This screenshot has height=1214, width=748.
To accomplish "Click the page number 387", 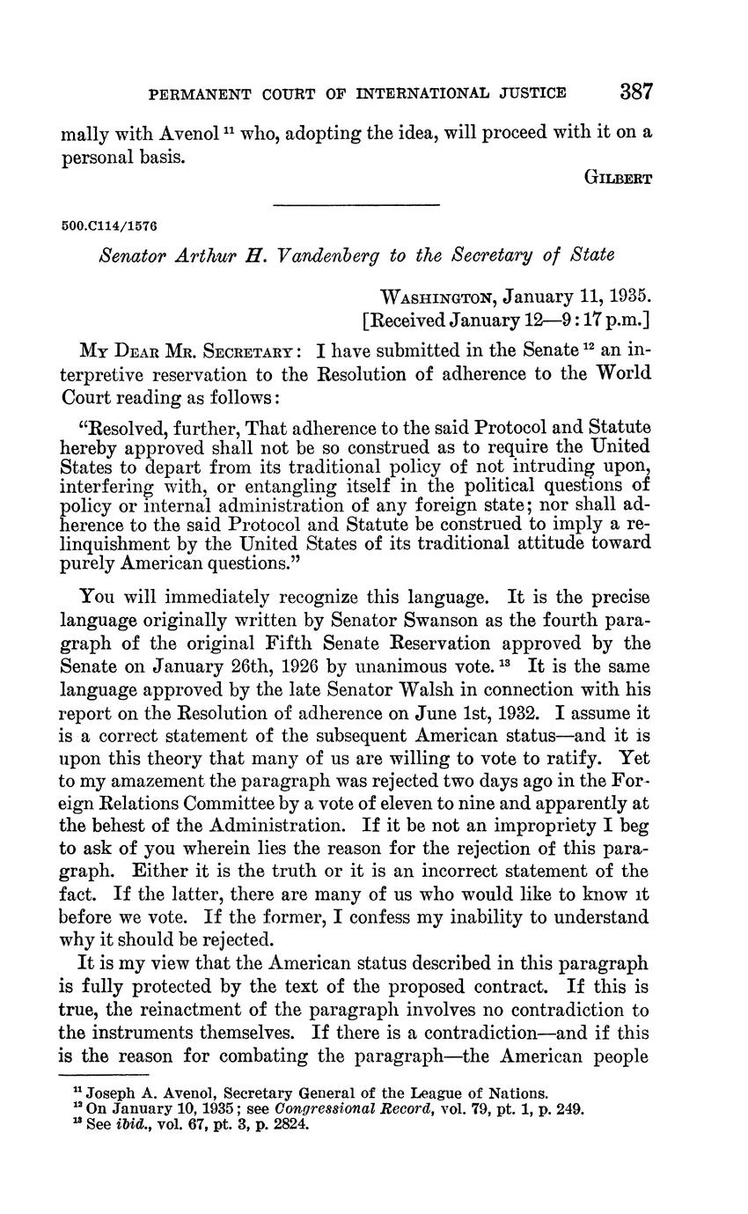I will point(635,91).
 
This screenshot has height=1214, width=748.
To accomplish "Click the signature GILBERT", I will point(618,177).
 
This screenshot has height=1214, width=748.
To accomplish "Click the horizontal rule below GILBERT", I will point(356,206).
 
